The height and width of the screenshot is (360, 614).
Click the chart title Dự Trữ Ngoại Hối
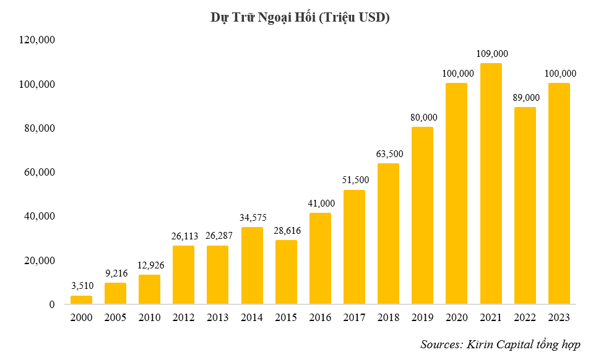[300, 18]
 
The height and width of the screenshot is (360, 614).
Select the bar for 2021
[491, 184]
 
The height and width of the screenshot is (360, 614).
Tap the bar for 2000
[81, 300]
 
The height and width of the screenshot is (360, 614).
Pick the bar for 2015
[285, 272]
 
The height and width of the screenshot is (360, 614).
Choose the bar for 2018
[388, 234]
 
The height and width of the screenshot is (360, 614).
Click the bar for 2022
[525, 205]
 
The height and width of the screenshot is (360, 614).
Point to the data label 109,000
[491, 54]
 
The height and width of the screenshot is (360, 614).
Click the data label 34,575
[252, 218]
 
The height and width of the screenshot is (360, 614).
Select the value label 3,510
[81, 286]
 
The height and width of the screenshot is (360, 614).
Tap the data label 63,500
[388, 154]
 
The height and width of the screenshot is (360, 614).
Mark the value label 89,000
[525, 98]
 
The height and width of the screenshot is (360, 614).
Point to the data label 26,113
[183, 236]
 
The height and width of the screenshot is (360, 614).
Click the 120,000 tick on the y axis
[38, 40]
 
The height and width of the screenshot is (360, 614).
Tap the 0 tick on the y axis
[53, 305]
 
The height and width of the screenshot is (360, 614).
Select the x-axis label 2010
[149, 318]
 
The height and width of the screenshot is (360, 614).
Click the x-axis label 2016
[320, 318]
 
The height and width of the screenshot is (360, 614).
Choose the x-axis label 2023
[559, 318]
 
